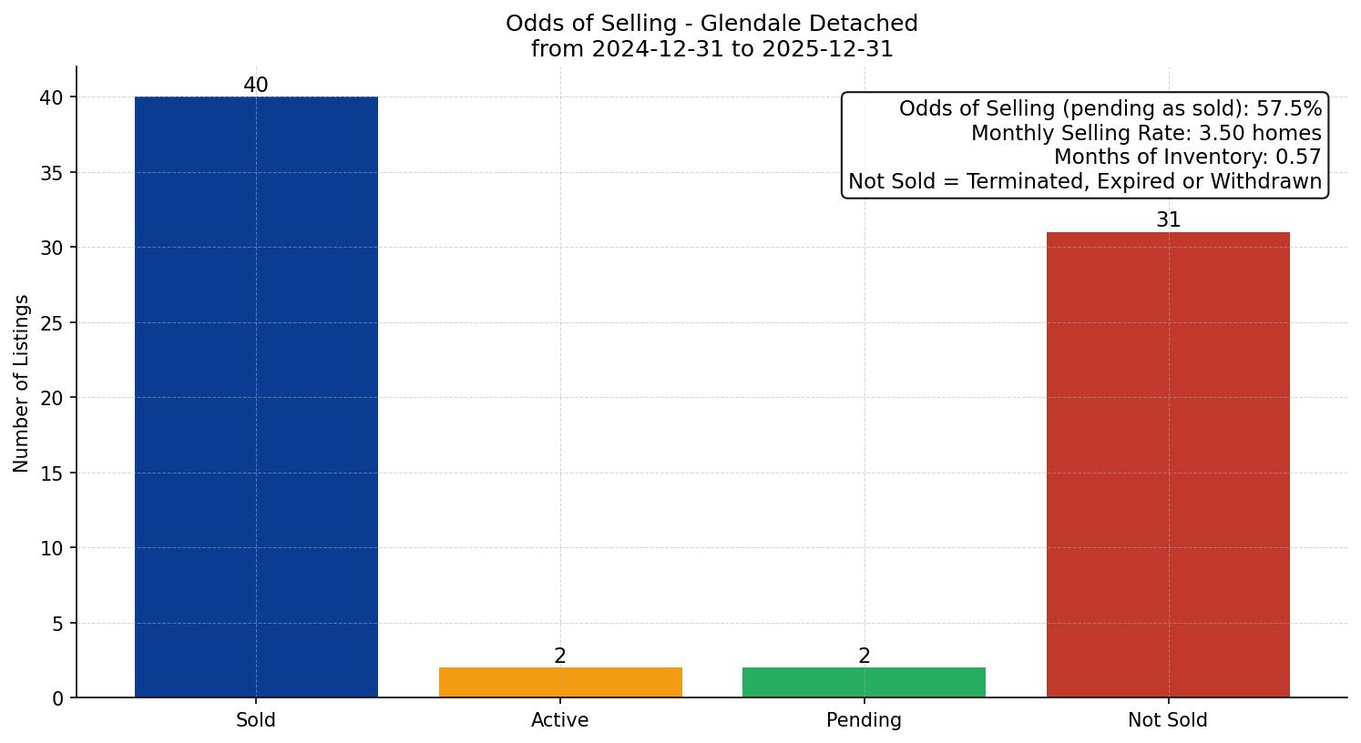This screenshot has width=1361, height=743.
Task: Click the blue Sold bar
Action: (x=256, y=397)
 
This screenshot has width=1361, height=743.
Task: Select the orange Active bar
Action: (x=560, y=682)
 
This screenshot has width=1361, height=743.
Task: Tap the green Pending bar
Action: (x=864, y=682)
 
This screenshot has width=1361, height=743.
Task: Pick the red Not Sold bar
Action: (x=1168, y=464)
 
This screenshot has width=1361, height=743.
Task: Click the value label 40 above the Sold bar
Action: (x=256, y=86)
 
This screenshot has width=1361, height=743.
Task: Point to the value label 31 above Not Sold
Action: (x=1168, y=220)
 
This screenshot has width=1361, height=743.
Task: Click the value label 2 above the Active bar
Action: (x=560, y=656)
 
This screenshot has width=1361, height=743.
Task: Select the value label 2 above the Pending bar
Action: (x=864, y=656)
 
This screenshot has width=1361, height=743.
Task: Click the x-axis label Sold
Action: (x=256, y=720)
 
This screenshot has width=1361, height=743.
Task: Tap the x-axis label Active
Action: (x=560, y=720)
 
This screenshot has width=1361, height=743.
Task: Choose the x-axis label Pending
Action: (x=864, y=720)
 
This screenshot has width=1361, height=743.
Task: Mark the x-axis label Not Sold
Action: (x=1168, y=720)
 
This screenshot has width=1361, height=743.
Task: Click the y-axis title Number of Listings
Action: (x=22, y=382)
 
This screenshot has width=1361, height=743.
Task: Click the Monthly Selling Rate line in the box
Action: (x=1146, y=133)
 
